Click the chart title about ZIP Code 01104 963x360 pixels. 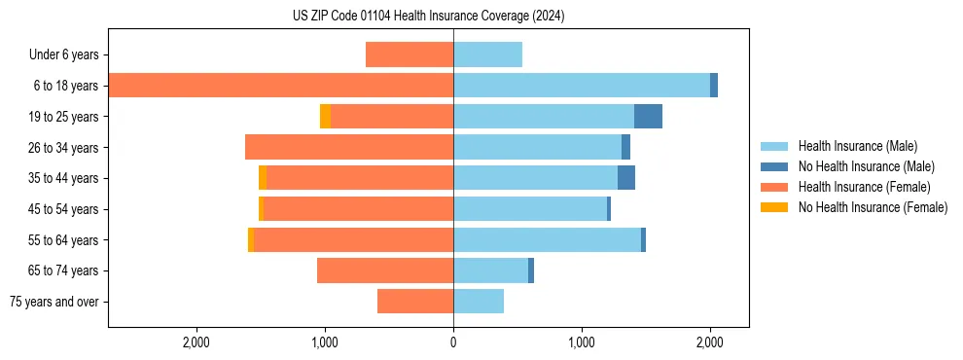[428, 17]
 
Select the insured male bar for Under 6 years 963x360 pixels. [487, 54]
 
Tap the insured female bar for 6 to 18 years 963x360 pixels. [280, 86]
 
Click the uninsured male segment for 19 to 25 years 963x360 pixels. [648, 117]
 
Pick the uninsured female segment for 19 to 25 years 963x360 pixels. [325, 117]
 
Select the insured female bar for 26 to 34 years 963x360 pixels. [349, 147]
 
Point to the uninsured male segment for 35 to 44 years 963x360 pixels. [626, 178]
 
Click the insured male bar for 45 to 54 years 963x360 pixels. [530, 209]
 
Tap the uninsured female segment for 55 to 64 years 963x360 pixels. [251, 240]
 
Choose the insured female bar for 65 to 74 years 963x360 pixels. [385, 270]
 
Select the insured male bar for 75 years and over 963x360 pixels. [479, 302]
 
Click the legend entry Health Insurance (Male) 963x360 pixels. [857, 146]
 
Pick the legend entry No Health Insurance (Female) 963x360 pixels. [873, 207]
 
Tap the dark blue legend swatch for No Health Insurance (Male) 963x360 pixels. [774, 166]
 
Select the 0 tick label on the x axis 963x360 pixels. [453, 342]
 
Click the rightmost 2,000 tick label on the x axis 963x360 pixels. [709, 342]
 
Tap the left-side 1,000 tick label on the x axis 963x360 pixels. [325, 342]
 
